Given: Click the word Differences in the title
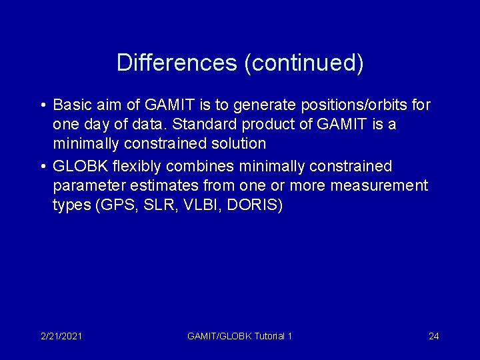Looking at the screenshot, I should (x=176, y=63).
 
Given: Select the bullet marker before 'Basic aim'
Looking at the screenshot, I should (x=42, y=105).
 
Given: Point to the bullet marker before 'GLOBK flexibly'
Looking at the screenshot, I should (x=42, y=166).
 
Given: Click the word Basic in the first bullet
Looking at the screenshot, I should (x=71, y=105).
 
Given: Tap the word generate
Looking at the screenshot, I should (x=267, y=105).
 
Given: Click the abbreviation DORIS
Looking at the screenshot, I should (x=254, y=205).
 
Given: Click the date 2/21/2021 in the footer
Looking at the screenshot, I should (x=61, y=336).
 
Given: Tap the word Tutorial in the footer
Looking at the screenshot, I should (x=267, y=336).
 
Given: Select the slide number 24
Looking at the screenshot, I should (x=433, y=336).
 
